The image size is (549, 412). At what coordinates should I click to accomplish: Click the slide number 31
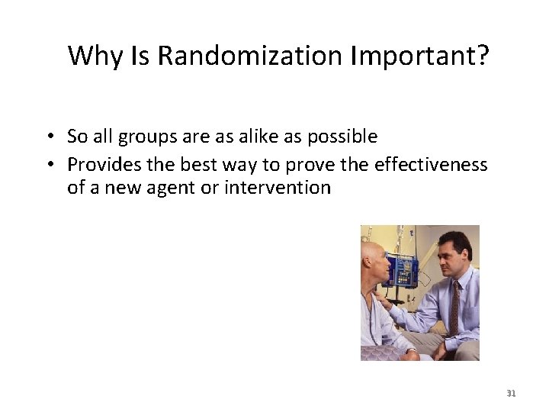click(x=512, y=394)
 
